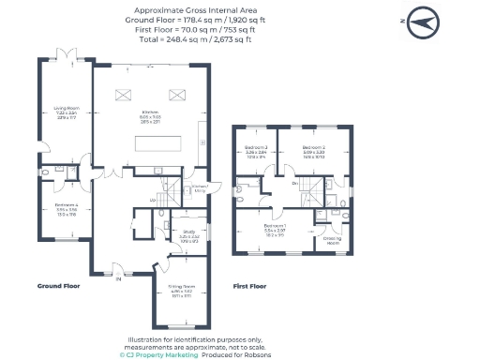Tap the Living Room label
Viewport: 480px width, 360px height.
pyautogui.click(x=66, y=111)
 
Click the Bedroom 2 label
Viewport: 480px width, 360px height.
pyautogui.click(x=313, y=151)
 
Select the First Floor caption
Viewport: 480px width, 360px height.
pyautogui.click(x=249, y=285)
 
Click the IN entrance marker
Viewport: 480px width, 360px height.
pyautogui.click(x=118, y=278)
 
